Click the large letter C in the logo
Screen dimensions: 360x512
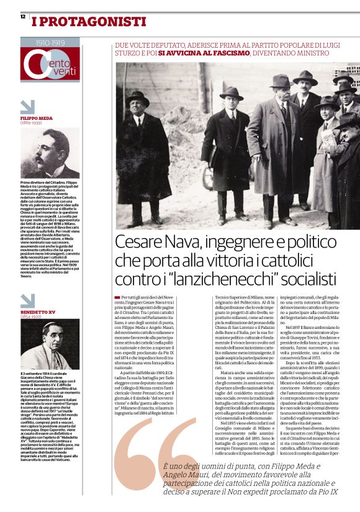(35, 66)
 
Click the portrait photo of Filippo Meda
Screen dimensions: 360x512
(50, 153)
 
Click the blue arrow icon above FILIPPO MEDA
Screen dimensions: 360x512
(28, 107)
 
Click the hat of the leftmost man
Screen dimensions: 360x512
(138, 98)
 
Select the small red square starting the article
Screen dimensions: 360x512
(117, 299)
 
